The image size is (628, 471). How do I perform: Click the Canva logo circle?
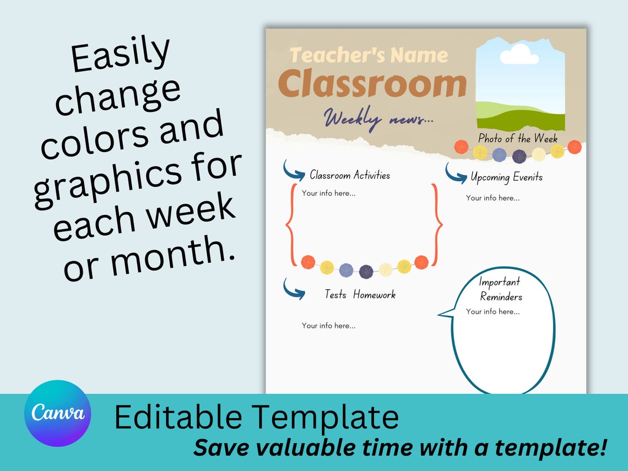point(58,413)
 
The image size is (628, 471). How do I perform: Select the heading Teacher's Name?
point(369,55)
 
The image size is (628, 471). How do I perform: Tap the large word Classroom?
point(372,84)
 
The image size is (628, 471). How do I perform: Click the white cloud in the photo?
point(518,55)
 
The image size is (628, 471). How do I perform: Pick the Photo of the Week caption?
point(517,138)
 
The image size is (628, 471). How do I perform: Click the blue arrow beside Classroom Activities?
point(294,171)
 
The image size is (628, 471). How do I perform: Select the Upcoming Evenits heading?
point(506,177)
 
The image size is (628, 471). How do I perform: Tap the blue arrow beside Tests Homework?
point(294,289)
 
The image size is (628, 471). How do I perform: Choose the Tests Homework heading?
point(360,295)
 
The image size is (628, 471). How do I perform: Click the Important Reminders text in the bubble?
point(500,289)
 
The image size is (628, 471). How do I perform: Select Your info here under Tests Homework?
point(328,326)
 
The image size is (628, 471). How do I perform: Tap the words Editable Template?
point(256,417)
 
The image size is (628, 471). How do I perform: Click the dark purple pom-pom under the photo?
point(519,156)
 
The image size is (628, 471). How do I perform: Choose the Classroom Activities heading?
point(350,175)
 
